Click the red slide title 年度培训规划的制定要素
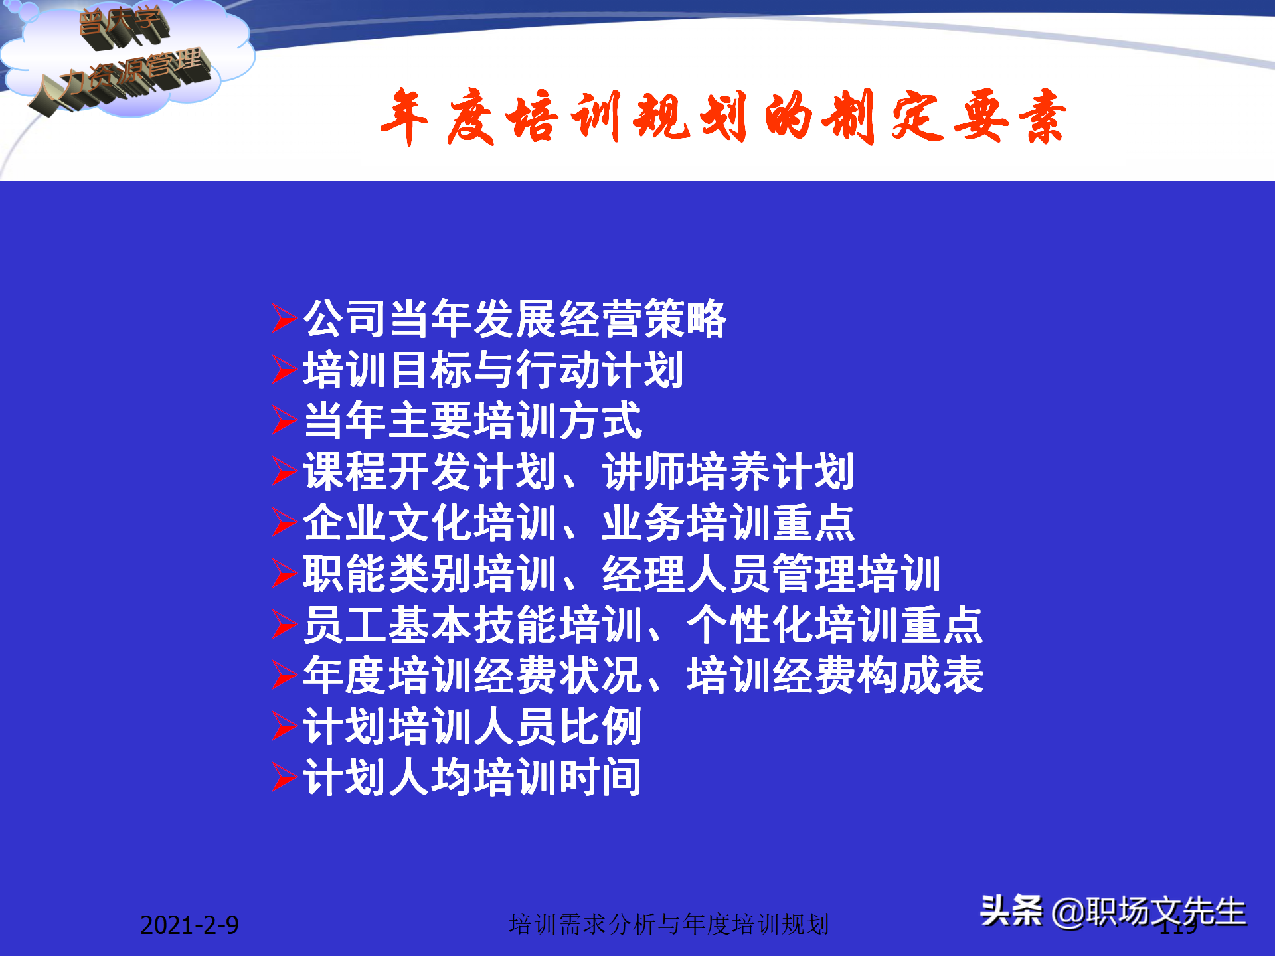click(724, 118)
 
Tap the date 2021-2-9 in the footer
click(189, 925)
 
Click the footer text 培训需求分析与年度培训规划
click(669, 924)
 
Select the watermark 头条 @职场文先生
click(1113, 912)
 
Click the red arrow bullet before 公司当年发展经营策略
click(284, 318)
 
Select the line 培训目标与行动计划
click(493, 370)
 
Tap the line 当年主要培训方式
click(472, 421)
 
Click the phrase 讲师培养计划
click(728, 472)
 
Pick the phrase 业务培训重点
click(728, 523)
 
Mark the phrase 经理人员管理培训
click(770, 574)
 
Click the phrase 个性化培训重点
click(834, 625)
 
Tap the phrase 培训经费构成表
click(834, 676)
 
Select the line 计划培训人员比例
click(472, 727)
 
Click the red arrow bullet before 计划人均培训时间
click(284, 777)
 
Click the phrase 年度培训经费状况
click(472, 676)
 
